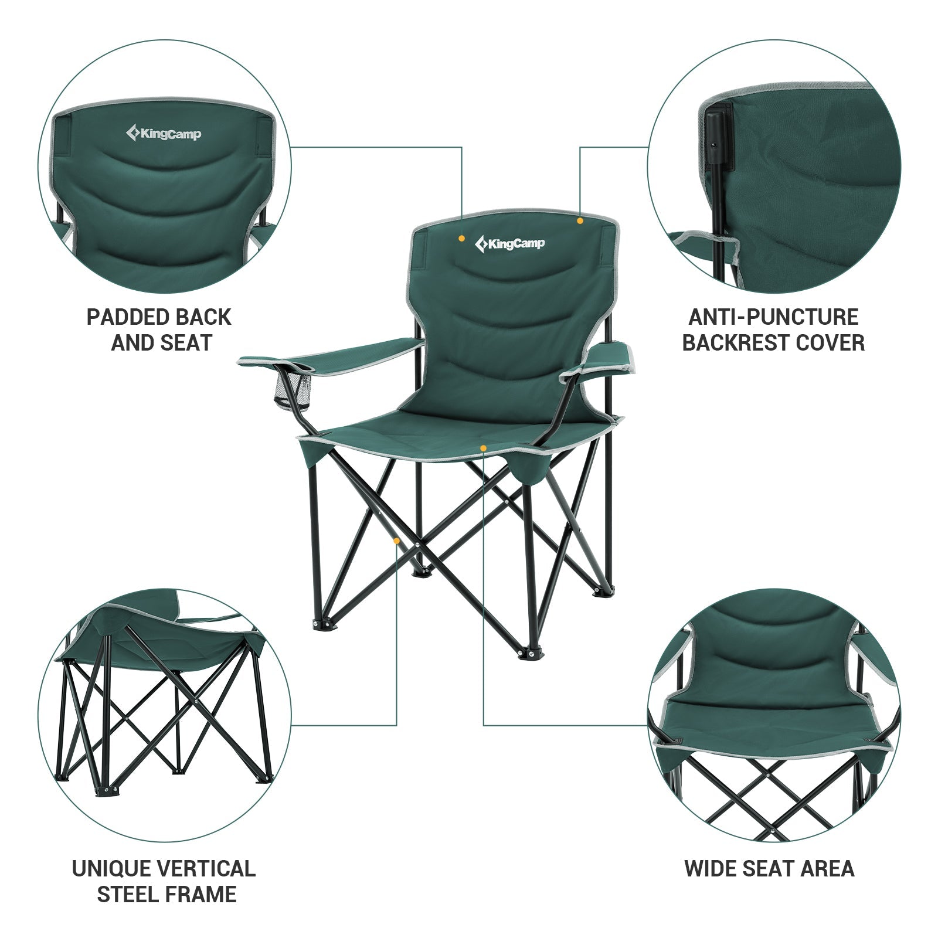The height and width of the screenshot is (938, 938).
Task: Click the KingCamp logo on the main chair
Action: click(x=509, y=243)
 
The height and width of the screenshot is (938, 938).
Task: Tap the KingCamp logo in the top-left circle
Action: click(x=164, y=134)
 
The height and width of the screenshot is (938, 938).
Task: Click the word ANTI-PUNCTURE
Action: click(x=773, y=317)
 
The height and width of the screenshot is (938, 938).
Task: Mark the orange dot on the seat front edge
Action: click(x=483, y=448)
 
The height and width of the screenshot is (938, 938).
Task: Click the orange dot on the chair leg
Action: click(x=397, y=541)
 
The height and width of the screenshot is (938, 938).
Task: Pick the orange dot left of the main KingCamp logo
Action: click(x=462, y=239)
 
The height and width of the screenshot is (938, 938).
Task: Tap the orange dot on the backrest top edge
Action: click(x=580, y=220)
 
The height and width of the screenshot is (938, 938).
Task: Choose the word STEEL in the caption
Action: click(x=129, y=895)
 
